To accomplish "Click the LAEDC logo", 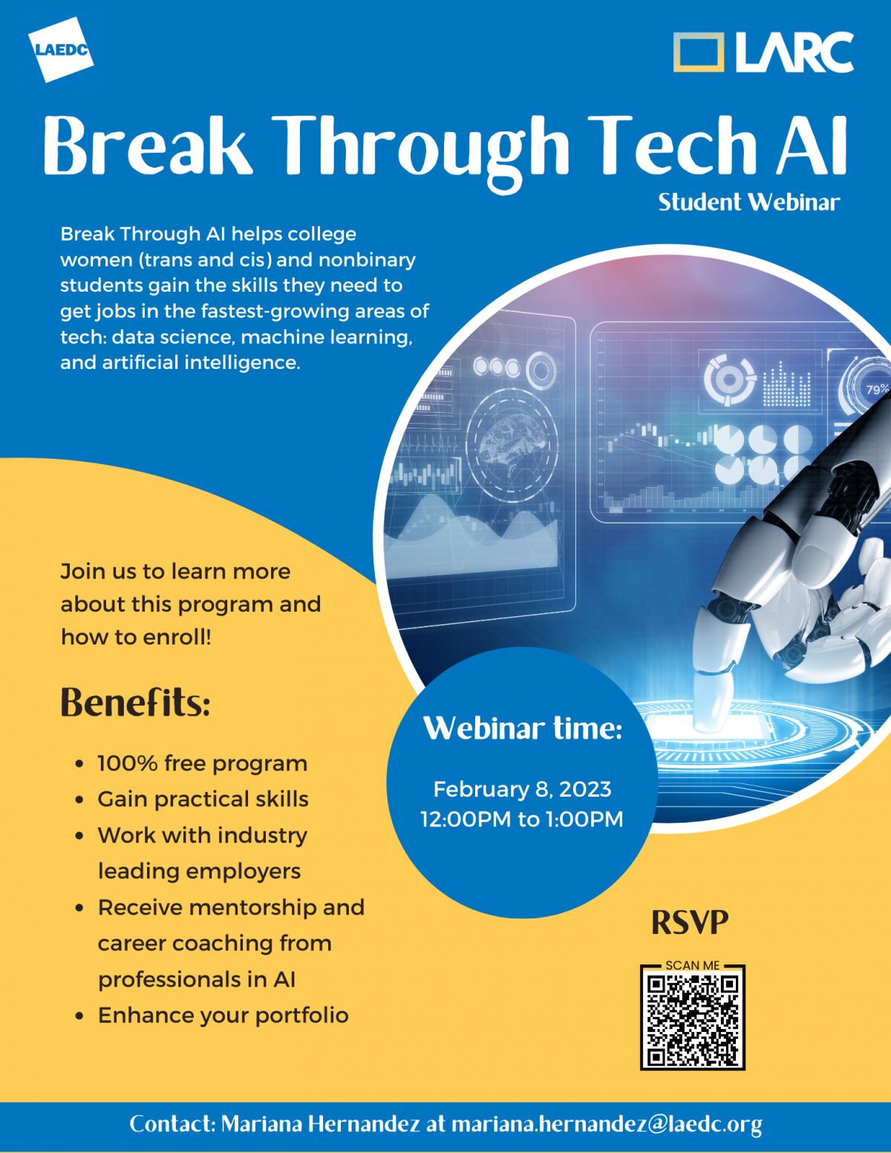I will pos(61,50).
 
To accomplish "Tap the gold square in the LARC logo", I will pos(698,52).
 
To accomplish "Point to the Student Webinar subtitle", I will pos(748,203).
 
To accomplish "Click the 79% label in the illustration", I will pos(877,389).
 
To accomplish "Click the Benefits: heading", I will pos(135,702).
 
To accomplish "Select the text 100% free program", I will pos(202,763).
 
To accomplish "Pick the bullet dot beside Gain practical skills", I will pos(79,800).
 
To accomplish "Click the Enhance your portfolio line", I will pos(223,1015).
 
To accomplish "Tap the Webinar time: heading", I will pos(523,728).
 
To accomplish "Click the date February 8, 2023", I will pos(522,788).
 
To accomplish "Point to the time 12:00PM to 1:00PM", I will pos(522,819).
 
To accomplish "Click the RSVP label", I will pos(690,922).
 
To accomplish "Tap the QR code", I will pos(693,1021).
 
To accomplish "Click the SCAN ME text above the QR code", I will pos(693,965).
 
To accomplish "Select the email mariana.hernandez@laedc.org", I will pos(607,1124).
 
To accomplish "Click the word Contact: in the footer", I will pos(172,1124).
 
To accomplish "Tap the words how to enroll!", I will pos(136,637).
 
